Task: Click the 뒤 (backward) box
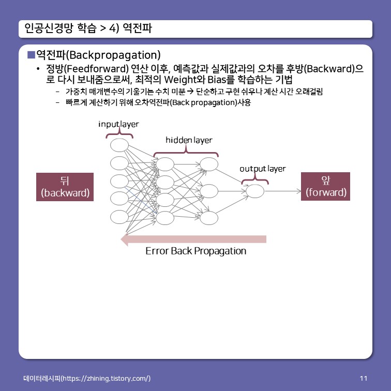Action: [65, 187]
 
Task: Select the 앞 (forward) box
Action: [326, 187]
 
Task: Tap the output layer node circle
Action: [255, 191]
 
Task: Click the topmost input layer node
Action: [119, 145]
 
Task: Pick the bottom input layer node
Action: [119, 217]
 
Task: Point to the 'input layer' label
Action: [118, 125]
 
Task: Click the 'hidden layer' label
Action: [188, 140]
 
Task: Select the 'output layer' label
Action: [262, 169]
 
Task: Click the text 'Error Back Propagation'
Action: [195, 251]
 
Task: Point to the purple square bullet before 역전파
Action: [31, 54]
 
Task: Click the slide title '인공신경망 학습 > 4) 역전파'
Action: [88, 29]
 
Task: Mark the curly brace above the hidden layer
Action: [186, 151]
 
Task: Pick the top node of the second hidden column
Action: [209, 164]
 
